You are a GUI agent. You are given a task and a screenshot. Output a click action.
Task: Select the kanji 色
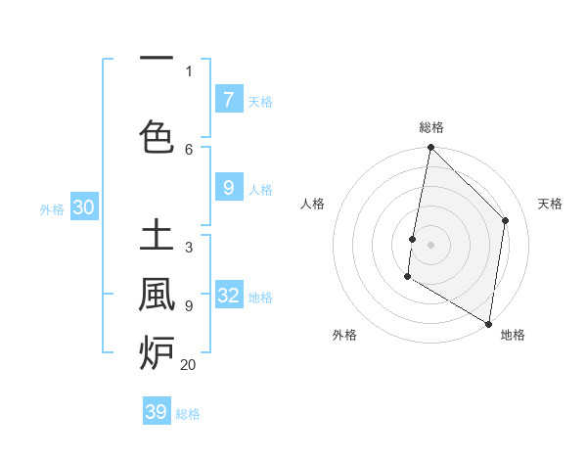point(158,136)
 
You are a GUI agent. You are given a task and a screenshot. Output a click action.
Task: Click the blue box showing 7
point(228,100)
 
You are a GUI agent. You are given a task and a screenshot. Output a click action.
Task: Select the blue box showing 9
point(228,188)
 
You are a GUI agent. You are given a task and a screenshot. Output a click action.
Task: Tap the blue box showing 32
point(228,296)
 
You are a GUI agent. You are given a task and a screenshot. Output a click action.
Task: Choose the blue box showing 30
point(82,207)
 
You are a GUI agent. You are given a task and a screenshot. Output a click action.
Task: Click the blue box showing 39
point(157,412)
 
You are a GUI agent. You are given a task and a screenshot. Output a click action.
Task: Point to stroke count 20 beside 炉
point(188,365)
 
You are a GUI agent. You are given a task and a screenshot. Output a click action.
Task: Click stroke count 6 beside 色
point(189,149)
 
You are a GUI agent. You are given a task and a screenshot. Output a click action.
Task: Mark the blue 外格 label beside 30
point(52,208)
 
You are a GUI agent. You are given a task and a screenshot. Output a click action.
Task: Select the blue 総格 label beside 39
point(188,414)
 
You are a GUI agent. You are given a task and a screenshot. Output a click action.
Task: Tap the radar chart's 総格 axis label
point(431,127)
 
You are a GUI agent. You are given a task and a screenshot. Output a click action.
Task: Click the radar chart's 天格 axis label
point(550,204)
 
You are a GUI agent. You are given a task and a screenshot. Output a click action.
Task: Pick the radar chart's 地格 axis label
point(513,335)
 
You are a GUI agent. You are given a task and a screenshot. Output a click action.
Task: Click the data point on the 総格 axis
point(430,148)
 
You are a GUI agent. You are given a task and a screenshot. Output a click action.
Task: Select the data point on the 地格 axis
point(488,323)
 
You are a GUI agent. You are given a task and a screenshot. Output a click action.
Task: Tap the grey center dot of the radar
point(430,244)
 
